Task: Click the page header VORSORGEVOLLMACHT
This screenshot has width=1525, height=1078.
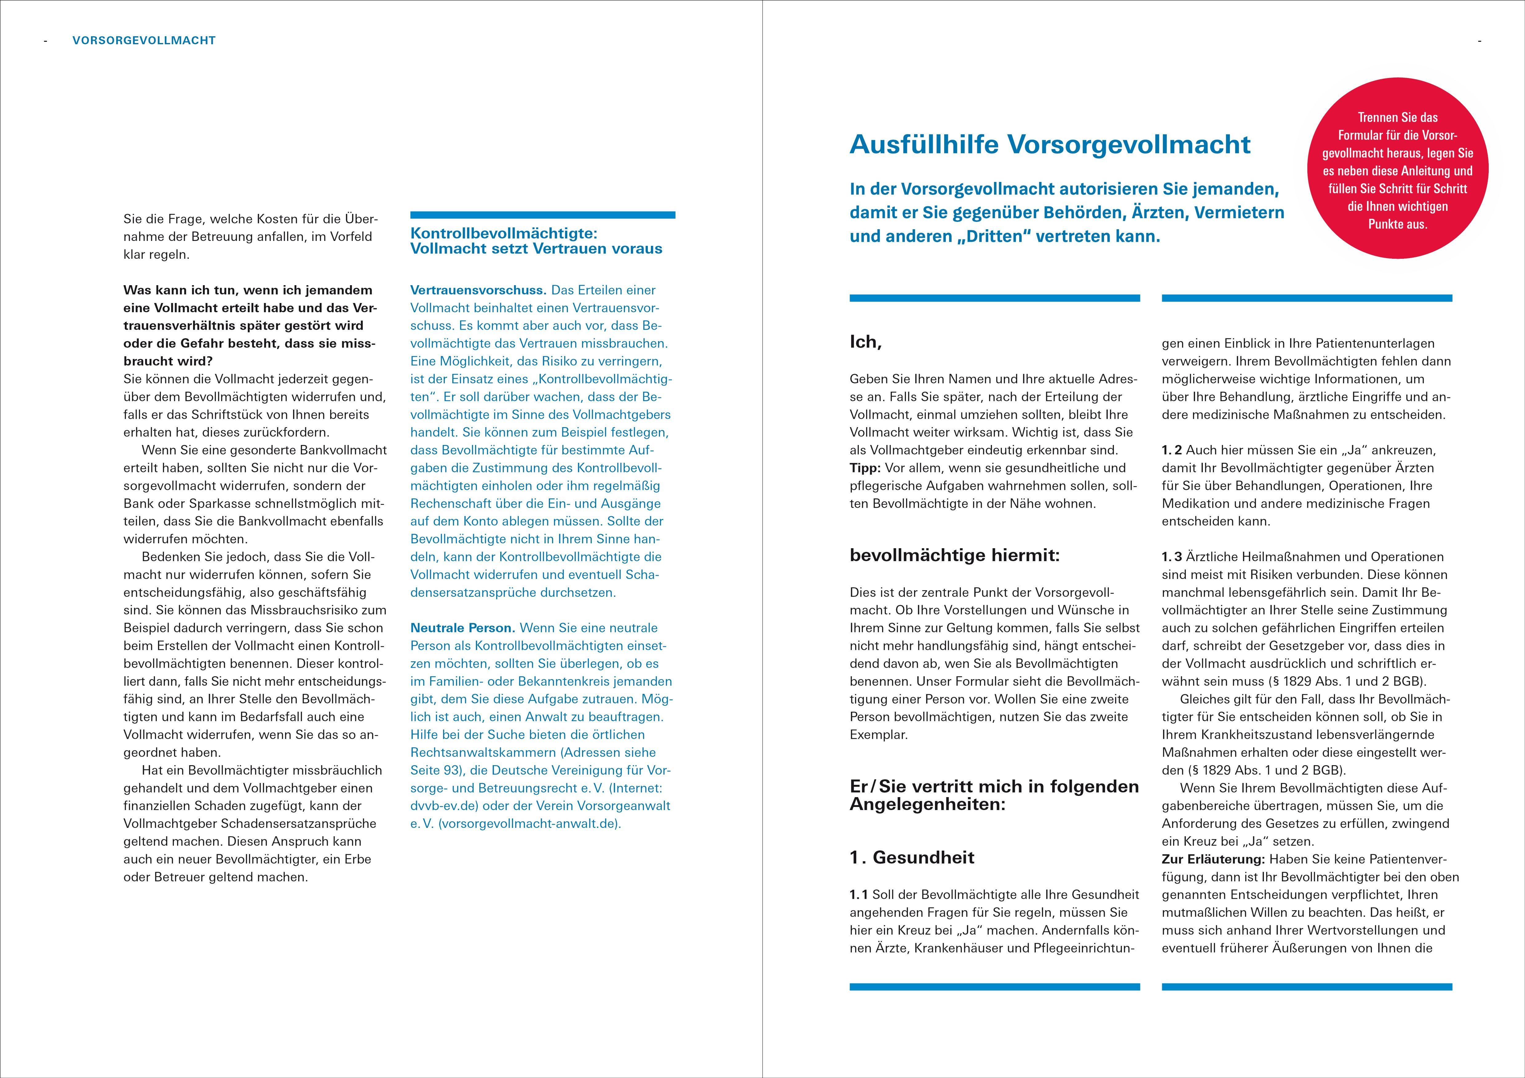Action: point(144,41)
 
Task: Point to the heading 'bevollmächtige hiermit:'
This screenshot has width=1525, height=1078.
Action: point(954,556)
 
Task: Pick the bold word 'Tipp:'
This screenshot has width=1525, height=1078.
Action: point(865,468)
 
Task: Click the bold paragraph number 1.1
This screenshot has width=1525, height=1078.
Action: point(859,895)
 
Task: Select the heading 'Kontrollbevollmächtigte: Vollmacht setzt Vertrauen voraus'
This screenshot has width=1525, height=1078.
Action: point(536,241)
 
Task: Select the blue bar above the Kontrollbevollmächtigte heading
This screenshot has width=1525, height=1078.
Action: point(543,215)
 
